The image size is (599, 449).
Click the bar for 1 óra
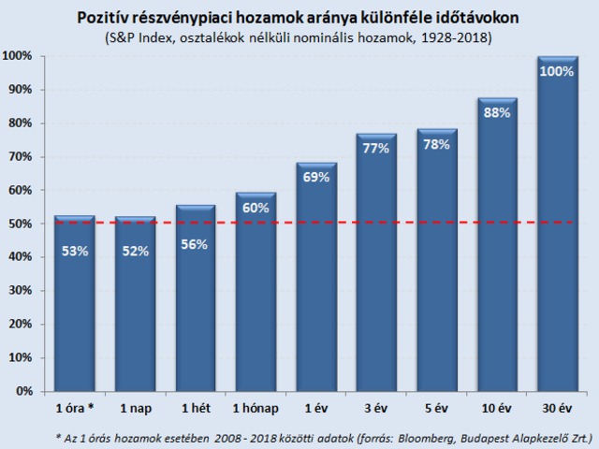(x=74, y=304)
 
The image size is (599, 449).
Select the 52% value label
(x=135, y=252)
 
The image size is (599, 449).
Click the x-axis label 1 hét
(x=195, y=409)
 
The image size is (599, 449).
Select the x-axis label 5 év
(x=436, y=409)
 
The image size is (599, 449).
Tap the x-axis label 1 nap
(x=135, y=409)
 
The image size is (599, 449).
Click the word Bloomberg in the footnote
(x=424, y=435)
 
